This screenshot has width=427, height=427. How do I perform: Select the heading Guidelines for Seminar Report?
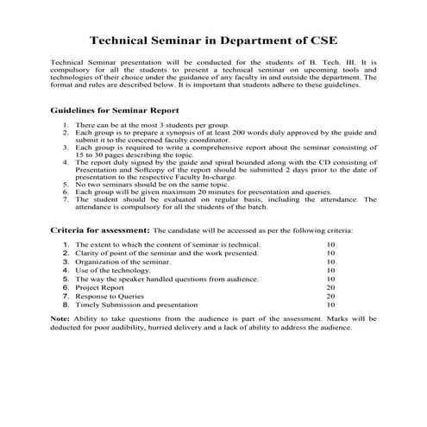point(115,110)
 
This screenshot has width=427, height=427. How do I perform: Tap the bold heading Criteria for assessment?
point(100,231)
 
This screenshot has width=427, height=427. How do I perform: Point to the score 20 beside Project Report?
point(330,287)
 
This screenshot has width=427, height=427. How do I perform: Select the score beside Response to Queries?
point(330,296)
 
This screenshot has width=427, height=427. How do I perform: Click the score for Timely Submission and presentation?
point(330,305)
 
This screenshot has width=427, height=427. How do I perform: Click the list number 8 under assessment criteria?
point(66,305)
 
